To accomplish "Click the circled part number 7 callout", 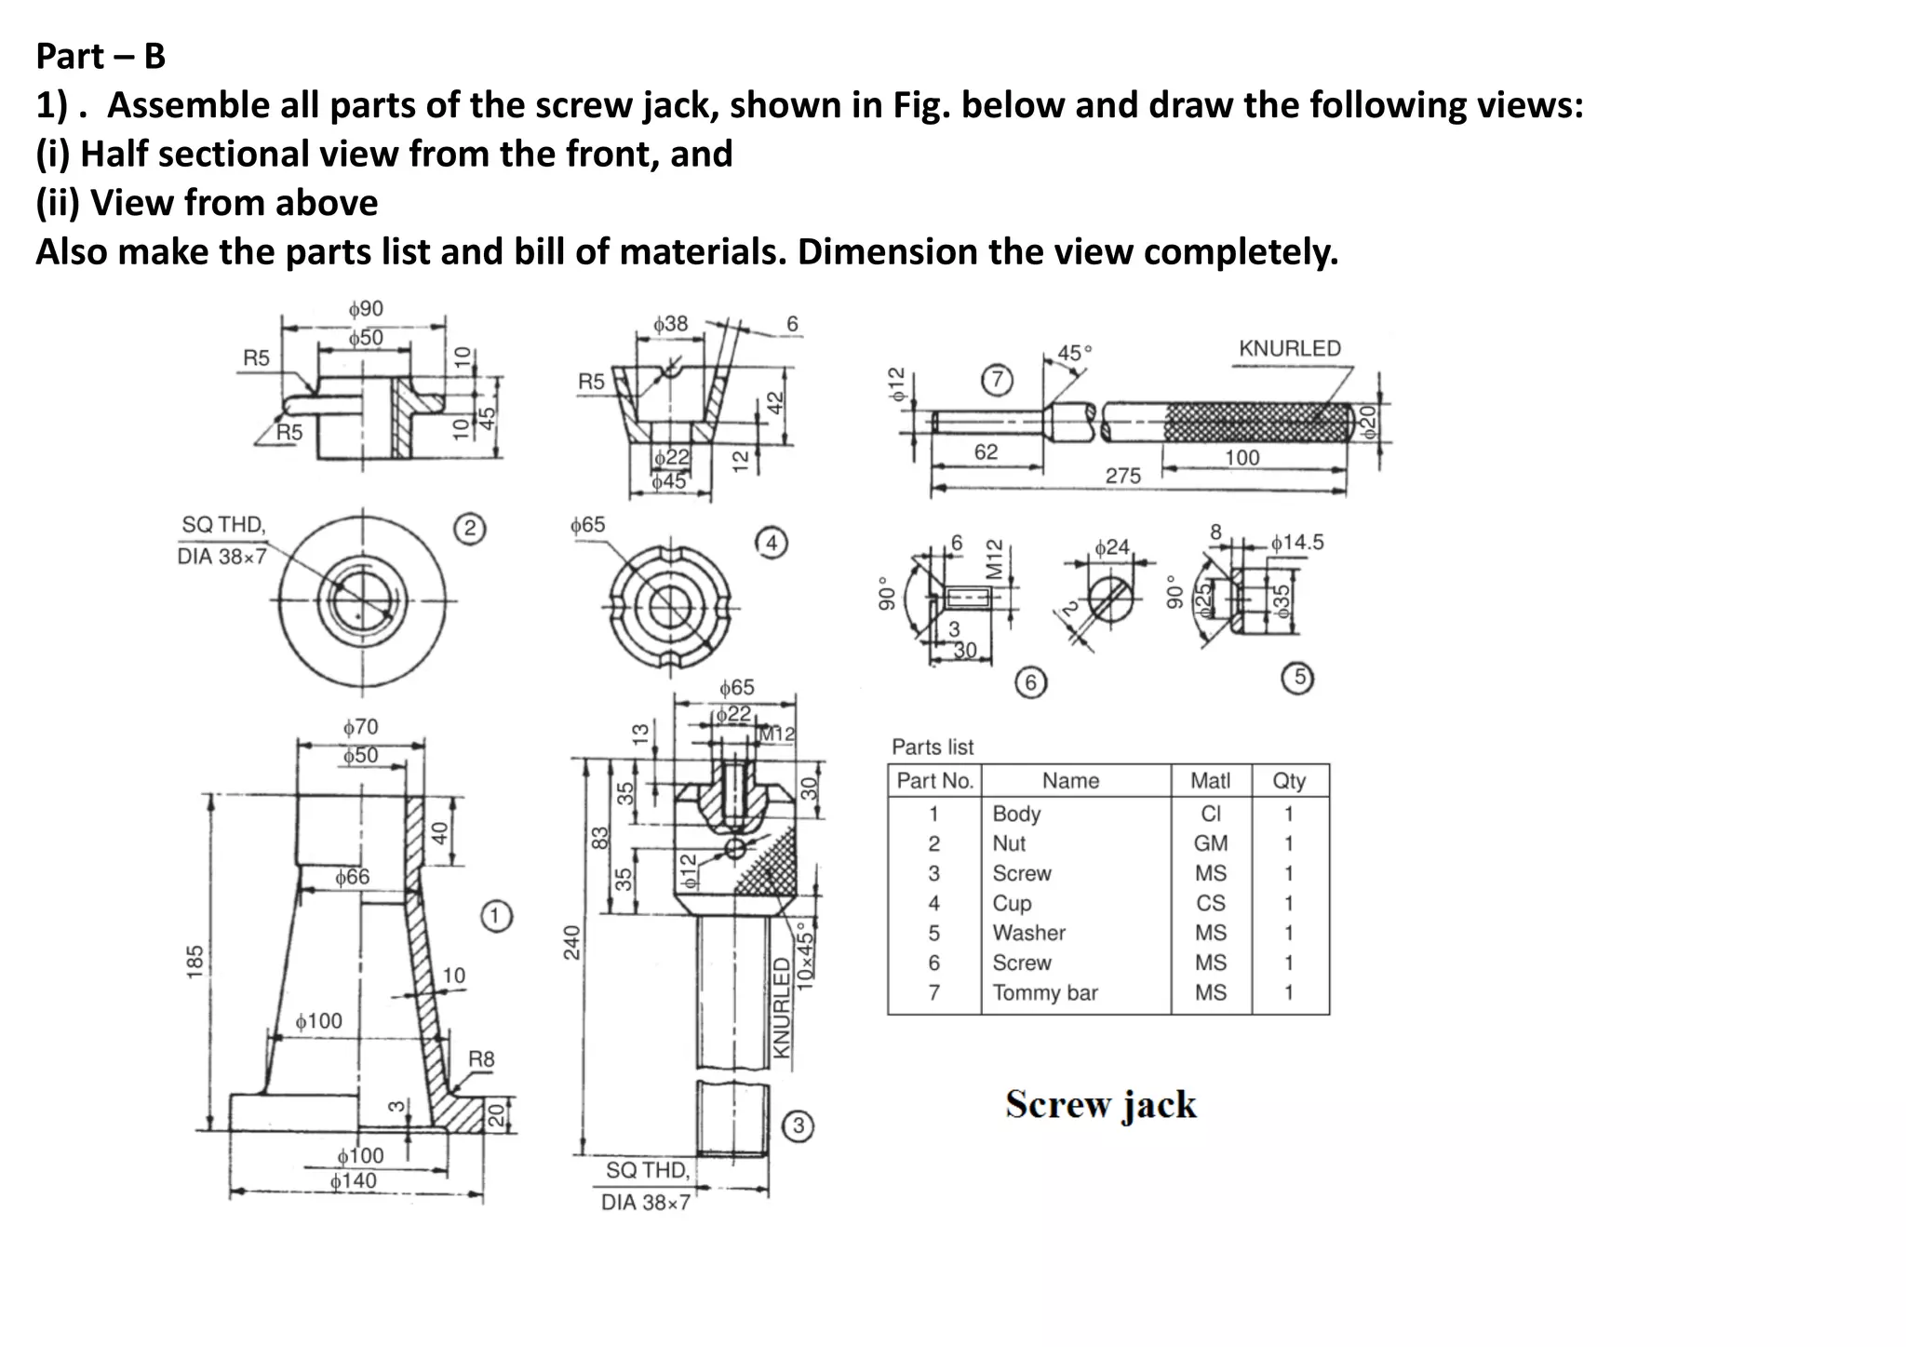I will pos(998,380).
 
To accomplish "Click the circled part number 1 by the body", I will pos(496,916).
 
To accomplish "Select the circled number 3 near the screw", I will pos(799,1126).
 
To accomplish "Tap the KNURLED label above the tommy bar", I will pos(1289,348).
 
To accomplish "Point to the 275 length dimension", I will pos(1122,476).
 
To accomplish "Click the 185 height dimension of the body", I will pos(195,962).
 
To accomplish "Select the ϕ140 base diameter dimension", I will pos(354,1181).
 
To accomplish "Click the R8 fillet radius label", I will pos(481,1059).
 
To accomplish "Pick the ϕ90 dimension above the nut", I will pos(365,309).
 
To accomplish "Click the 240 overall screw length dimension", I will pos(572,942).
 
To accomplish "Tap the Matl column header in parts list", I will pos(1210,781).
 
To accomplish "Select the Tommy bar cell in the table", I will pos(1044,993).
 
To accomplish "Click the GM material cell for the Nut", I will pos(1210,843).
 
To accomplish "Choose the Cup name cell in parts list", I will pos(1012,903).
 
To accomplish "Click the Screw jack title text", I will pos(1101,1105).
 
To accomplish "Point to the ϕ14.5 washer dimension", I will pos(1297,542).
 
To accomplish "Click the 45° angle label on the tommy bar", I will pos(1075,354).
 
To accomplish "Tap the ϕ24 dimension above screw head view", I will pos(1111,547).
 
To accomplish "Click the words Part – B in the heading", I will pos(101,57).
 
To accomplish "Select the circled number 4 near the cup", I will pos(772,543).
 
